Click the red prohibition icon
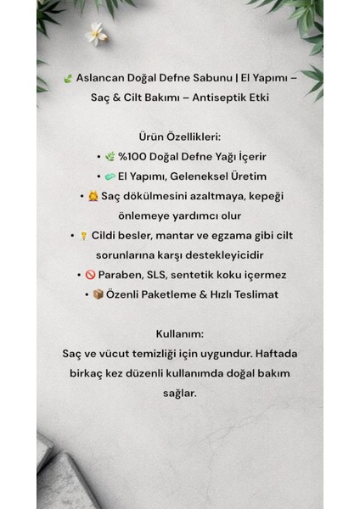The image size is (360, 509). (x=91, y=276)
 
